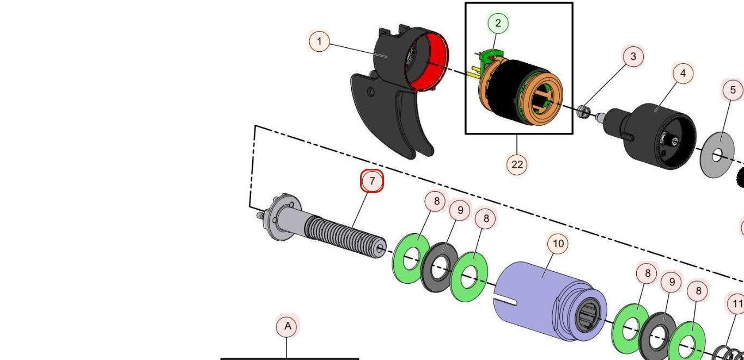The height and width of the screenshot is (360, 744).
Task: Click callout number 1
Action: pyautogui.click(x=319, y=41)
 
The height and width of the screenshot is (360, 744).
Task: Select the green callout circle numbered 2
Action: pyautogui.click(x=498, y=23)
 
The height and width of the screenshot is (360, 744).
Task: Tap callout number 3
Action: pyautogui.click(x=633, y=56)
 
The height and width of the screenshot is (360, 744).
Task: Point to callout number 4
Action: pyautogui.click(x=682, y=73)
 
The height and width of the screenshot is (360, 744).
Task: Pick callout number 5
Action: pyautogui.click(x=733, y=90)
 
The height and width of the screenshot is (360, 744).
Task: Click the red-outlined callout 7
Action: pyautogui.click(x=373, y=181)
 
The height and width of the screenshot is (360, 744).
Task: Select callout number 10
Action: pyautogui.click(x=558, y=244)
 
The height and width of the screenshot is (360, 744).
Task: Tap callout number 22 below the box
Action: pyautogui.click(x=517, y=164)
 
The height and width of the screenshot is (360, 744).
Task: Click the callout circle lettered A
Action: pyautogui.click(x=288, y=327)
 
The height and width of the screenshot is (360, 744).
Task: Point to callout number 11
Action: pyautogui.click(x=737, y=303)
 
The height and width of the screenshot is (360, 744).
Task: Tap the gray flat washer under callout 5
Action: pyautogui.click(x=717, y=155)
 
